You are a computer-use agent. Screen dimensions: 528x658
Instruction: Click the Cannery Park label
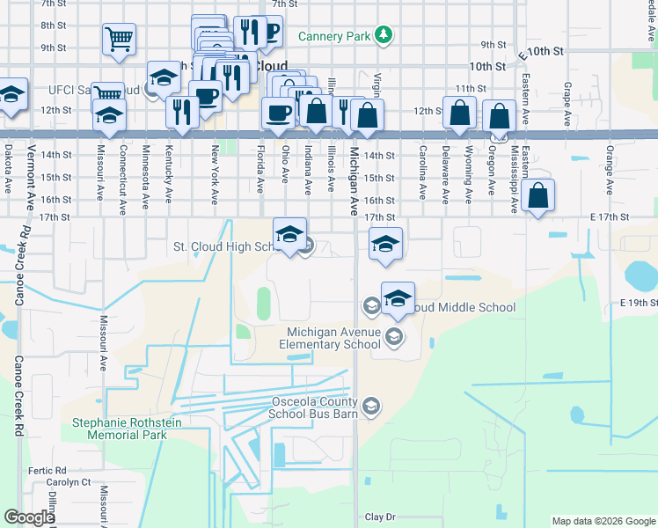point(334,36)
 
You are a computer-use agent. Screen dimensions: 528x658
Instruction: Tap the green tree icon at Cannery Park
point(383,35)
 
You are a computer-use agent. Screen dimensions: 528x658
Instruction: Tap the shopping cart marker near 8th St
point(119,40)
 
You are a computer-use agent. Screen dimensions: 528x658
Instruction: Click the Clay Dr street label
point(380,517)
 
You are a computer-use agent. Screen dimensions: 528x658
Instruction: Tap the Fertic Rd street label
point(42,471)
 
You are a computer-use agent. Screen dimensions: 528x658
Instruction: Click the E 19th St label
point(638,303)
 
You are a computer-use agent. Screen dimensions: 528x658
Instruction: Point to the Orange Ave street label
point(610,164)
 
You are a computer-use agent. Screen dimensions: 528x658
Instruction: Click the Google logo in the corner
point(29,517)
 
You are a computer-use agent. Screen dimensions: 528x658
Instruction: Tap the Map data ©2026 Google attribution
point(603,521)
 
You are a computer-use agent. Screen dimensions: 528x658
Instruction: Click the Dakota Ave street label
point(9,170)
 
